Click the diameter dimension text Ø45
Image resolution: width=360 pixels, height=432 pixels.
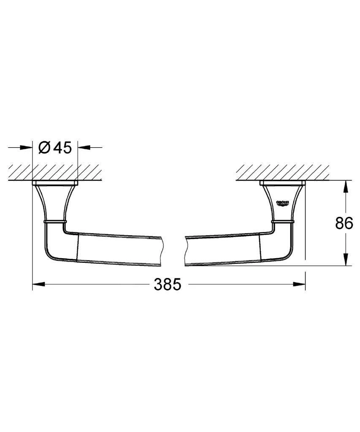(x=55, y=148)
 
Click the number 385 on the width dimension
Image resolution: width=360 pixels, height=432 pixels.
(x=167, y=284)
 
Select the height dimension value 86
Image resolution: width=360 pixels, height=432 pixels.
(x=344, y=224)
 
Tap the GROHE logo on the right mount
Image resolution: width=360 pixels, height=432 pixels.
(x=282, y=204)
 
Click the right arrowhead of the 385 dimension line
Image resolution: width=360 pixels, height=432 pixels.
(x=300, y=284)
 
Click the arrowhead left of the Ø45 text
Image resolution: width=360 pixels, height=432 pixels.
(x=27, y=148)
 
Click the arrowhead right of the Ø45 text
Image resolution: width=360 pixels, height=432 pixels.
(x=84, y=148)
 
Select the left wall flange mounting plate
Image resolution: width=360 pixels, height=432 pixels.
(x=55, y=184)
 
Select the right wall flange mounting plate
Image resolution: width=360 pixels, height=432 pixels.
(x=282, y=184)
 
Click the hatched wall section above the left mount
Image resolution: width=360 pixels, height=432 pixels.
(x=55, y=172)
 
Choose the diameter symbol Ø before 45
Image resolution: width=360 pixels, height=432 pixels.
(x=44, y=148)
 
